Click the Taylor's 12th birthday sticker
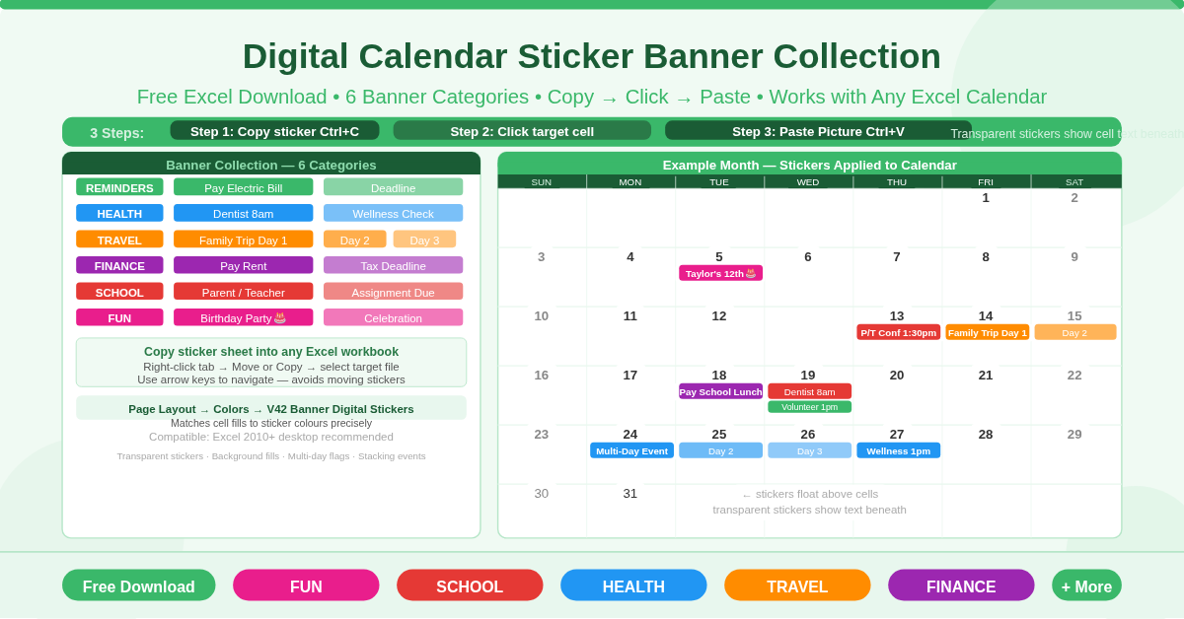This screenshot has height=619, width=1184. tap(720, 273)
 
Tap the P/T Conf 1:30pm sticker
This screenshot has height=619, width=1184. tap(898, 332)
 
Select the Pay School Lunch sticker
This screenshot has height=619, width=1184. tap(720, 391)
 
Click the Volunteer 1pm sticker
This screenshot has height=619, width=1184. tap(809, 407)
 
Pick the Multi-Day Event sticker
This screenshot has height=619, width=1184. tap(631, 450)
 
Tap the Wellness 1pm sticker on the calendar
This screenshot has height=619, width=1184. tap(898, 450)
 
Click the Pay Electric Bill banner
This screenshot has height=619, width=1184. tap(243, 187)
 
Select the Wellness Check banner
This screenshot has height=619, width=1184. tap(393, 213)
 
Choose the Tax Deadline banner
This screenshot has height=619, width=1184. tap(393, 265)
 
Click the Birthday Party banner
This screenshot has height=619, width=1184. tap(243, 317)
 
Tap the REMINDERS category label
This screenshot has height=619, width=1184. tap(119, 187)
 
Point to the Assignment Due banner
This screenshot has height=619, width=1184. tap(393, 292)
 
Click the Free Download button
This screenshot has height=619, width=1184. tap(138, 585)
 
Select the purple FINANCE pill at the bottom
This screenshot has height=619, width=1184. tap(961, 585)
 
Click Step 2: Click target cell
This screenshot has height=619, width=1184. tap(522, 131)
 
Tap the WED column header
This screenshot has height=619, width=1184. tap(808, 181)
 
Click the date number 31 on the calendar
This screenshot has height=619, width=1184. tap(630, 493)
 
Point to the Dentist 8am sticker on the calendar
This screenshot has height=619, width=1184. tap(809, 391)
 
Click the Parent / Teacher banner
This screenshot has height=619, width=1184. tap(243, 292)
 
